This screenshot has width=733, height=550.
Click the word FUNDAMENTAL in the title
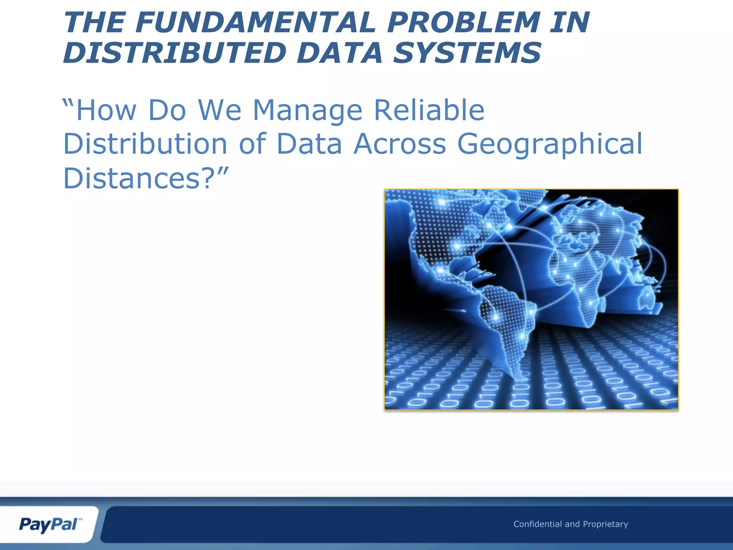(256, 22)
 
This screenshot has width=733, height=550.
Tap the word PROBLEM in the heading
(463, 22)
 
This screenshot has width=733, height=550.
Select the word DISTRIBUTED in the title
(175, 53)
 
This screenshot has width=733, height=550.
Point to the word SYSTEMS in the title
(467, 53)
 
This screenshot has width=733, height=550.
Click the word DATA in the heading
(340, 53)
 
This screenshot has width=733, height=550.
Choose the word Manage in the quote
(308, 110)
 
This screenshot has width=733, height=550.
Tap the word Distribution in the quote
(145, 144)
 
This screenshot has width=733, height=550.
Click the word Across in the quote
(400, 144)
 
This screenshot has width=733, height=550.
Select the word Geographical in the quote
(550, 144)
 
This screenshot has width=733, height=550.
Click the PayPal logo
(49, 525)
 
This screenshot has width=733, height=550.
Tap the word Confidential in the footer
(537, 524)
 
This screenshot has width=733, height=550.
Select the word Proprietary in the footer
(605, 524)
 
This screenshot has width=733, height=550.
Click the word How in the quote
(106, 110)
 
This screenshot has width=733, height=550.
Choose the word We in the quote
(219, 110)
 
